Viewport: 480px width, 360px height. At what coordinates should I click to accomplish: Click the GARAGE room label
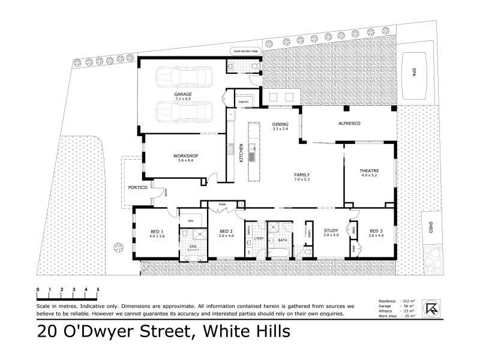[x=183, y=95]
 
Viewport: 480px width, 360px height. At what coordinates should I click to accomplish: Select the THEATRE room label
[x=370, y=171]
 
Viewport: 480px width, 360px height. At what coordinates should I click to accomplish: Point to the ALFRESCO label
[x=349, y=123]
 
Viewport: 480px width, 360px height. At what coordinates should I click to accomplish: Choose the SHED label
[x=430, y=229]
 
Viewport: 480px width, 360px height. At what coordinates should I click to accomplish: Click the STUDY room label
[x=331, y=230]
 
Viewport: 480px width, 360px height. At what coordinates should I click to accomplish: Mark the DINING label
[x=280, y=125]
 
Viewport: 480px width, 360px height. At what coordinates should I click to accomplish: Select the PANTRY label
[x=244, y=102]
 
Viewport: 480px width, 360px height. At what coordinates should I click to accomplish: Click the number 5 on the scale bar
[x=98, y=290]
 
